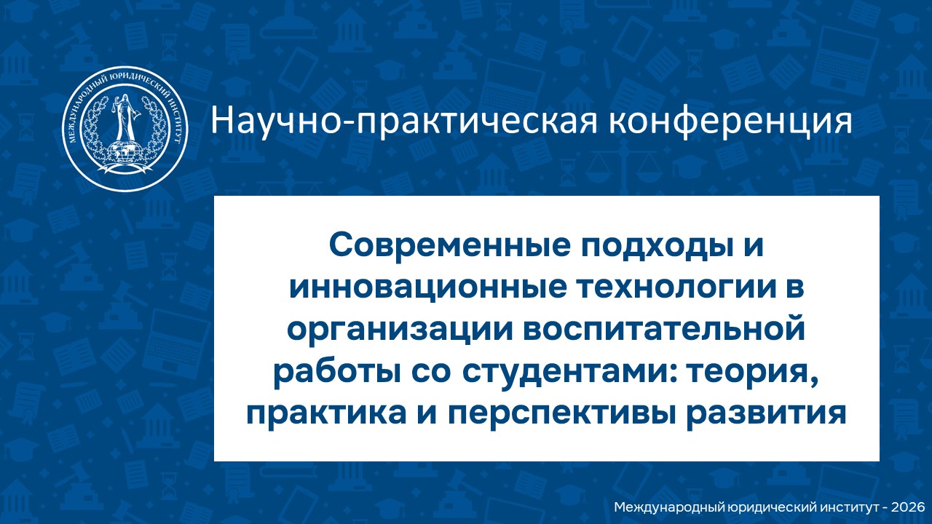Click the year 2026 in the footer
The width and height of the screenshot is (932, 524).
pos(907,506)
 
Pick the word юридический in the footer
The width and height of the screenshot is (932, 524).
pos(762,506)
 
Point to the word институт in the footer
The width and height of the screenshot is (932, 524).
pos(845,506)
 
